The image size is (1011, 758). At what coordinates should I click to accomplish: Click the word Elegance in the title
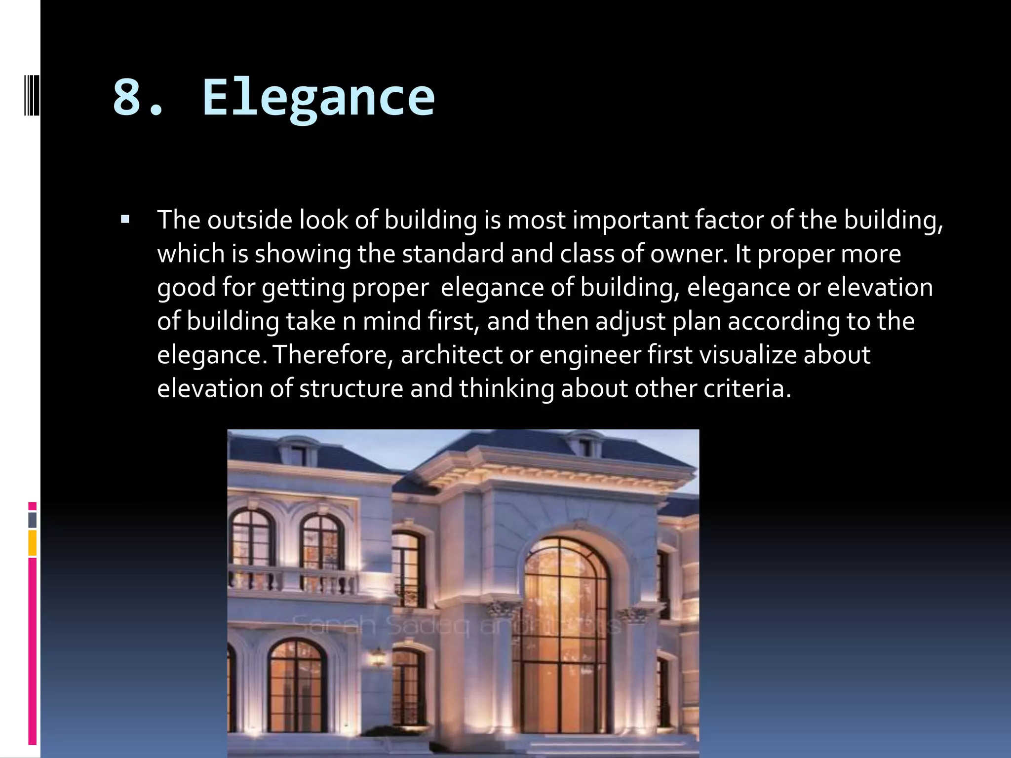pos(318,98)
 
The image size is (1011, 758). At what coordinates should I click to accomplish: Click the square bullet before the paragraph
pos(125,220)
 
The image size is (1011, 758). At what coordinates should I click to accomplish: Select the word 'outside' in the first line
pos(250,220)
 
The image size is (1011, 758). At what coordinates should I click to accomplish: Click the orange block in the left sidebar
pos(33,543)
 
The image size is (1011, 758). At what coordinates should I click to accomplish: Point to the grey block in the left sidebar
pos(33,520)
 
